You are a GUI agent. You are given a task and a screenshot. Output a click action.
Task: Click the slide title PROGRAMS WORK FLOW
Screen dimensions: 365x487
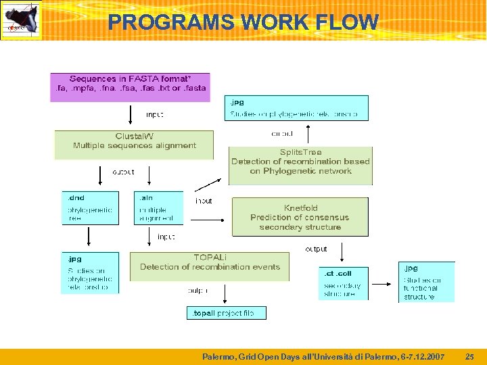pos(243,22)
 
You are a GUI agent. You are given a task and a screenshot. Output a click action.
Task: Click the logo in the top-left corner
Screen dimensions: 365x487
pos(20,20)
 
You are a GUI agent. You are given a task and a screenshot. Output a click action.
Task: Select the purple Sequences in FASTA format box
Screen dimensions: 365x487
pos(130,87)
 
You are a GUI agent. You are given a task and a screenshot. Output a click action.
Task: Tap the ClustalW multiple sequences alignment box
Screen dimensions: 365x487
pos(134,145)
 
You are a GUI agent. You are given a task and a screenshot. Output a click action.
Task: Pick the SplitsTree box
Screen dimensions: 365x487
pos(300,165)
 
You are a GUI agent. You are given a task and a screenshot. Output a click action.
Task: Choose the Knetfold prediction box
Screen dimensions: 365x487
pos(300,217)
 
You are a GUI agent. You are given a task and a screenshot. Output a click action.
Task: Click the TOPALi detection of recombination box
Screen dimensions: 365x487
pos(209,266)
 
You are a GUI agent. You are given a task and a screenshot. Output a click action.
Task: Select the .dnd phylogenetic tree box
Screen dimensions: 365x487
pos(89,208)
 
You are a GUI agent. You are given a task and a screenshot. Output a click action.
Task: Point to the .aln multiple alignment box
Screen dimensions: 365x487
pos(158,208)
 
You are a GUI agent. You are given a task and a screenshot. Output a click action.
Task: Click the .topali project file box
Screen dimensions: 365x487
pos(226,313)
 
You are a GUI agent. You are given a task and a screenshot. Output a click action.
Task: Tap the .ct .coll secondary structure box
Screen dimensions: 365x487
pos(344,283)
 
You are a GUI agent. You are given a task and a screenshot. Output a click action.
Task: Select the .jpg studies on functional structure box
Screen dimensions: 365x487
pos(426,282)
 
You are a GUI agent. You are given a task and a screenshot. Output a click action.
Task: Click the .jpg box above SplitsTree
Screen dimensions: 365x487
pos(296,108)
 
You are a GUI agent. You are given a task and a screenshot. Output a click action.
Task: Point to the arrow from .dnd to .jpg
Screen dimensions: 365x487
pos(89,238)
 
